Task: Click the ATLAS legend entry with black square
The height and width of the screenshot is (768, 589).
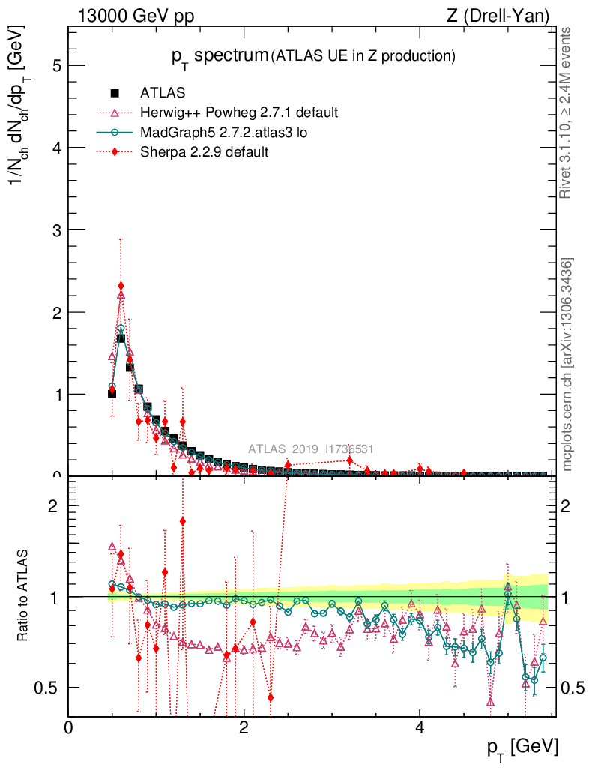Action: (162, 93)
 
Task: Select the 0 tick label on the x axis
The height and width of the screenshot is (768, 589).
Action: (69, 728)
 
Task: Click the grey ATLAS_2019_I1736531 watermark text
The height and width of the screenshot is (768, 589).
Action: (311, 449)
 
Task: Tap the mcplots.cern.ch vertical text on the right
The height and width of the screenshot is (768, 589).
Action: (568, 364)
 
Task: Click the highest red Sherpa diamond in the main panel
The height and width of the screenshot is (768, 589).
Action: (121, 286)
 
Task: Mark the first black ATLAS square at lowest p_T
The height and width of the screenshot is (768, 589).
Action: (112, 393)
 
